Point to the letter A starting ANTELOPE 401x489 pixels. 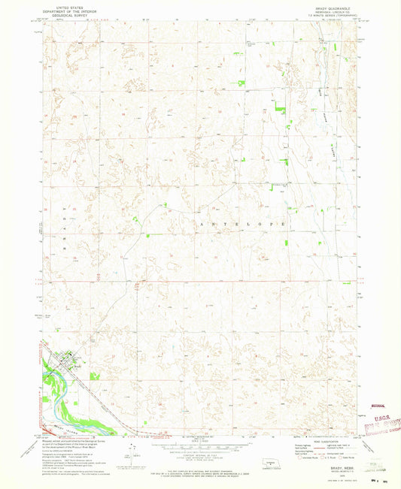tap(201, 224)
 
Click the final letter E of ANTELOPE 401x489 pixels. tap(284, 224)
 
